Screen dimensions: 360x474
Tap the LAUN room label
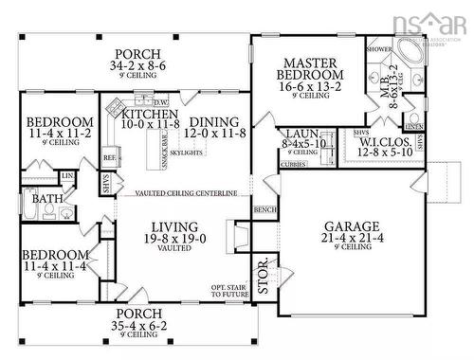[301, 135]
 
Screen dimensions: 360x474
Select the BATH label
[47, 200]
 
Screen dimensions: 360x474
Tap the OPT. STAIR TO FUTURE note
[229, 293]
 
